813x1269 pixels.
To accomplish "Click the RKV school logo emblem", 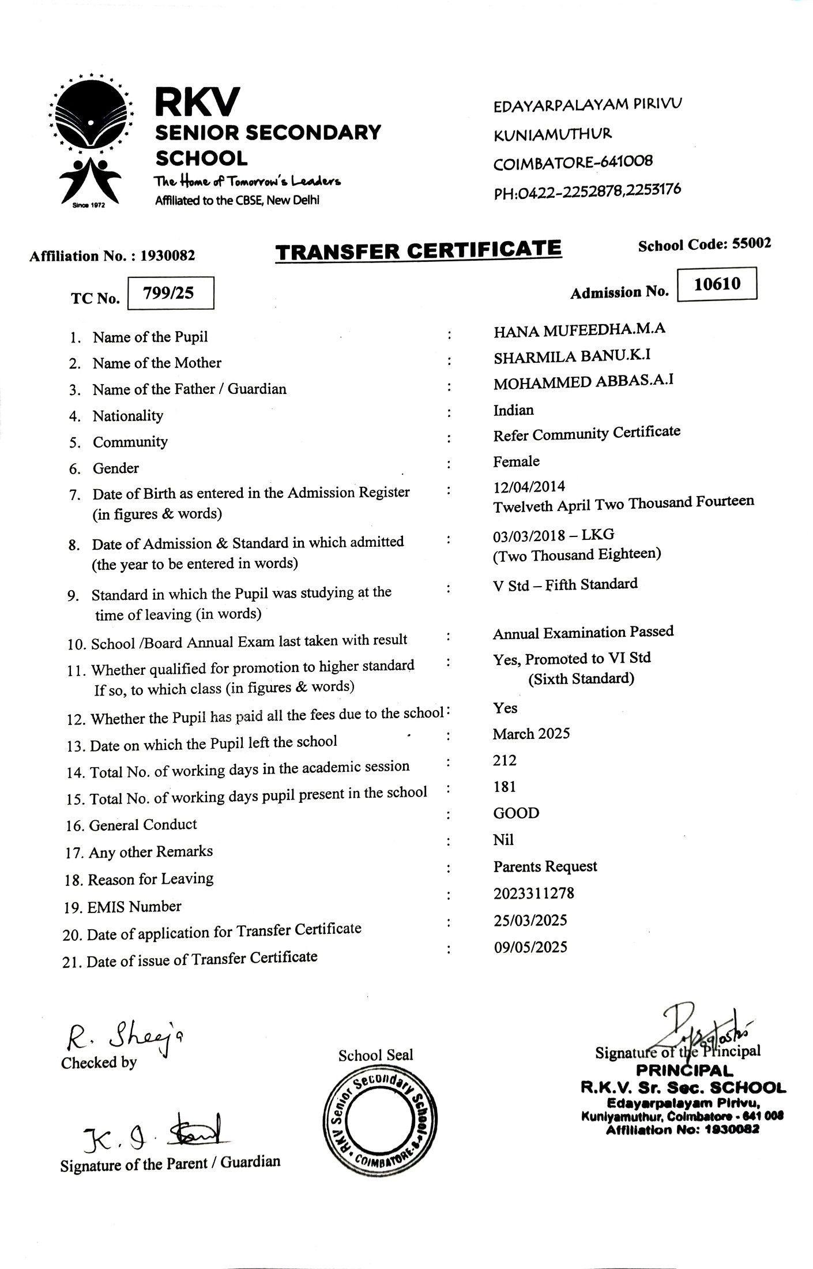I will (x=91, y=141).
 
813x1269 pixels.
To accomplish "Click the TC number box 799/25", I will (x=170, y=293).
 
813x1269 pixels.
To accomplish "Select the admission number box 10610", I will (x=717, y=284).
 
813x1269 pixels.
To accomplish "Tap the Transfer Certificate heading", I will (x=418, y=250).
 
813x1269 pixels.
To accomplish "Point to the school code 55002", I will (x=751, y=243).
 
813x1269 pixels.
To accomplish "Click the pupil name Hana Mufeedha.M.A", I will (x=579, y=330).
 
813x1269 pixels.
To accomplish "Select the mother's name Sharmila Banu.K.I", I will (x=572, y=356).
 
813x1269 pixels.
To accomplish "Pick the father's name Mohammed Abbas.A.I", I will (x=583, y=382).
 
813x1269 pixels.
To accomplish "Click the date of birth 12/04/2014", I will (x=529, y=486).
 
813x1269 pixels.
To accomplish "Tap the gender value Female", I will (x=516, y=461).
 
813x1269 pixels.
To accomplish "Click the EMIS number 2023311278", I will (x=533, y=893).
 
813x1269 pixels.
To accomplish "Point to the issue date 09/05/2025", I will (x=530, y=947).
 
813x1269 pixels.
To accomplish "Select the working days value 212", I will (x=505, y=760).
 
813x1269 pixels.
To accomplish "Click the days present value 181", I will (x=505, y=787).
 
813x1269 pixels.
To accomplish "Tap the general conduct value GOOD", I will (x=516, y=813).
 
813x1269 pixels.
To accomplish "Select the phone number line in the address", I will (x=587, y=190).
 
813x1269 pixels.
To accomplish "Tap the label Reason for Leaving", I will (x=150, y=879).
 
